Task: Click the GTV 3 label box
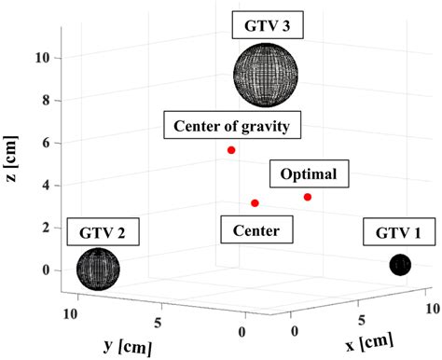pos(267,25)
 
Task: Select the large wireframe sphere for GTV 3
pos(267,78)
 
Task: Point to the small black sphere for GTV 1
pos(400,265)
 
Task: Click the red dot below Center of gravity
pos(231,150)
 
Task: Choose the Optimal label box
pos(309,173)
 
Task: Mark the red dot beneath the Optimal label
pos(308,197)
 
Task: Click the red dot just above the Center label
pos(255,202)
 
